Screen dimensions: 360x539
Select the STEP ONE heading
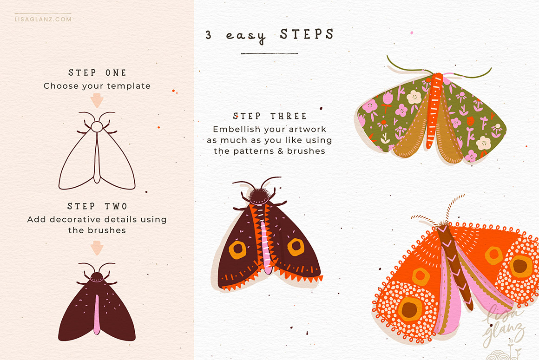click(97, 73)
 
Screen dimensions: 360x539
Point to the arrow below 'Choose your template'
click(97, 100)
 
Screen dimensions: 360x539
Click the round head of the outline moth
click(97, 126)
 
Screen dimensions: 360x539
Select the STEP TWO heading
click(97, 206)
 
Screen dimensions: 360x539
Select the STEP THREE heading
click(269, 116)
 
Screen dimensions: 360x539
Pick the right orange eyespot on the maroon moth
click(296, 247)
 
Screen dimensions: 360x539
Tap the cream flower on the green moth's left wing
click(414, 97)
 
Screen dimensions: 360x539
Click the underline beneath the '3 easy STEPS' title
click(269, 53)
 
